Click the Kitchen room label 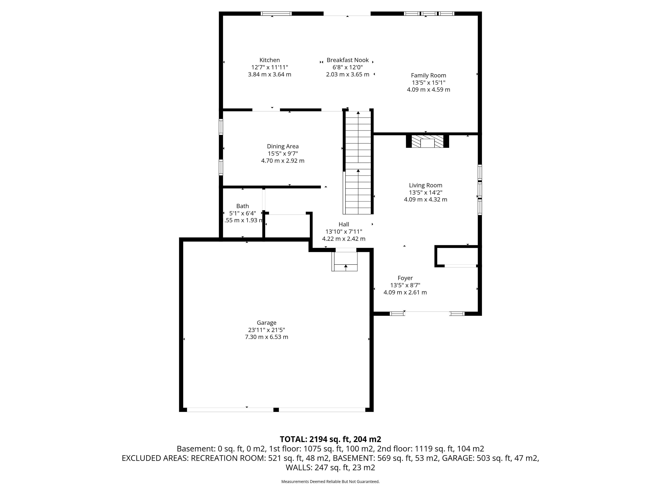[270, 60]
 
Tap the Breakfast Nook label [348, 60]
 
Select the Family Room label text [428, 75]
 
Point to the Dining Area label [283, 146]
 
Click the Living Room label [426, 185]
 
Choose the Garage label [266, 323]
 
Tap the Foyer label [405, 278]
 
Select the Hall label [344, 224]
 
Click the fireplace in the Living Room [427, 141]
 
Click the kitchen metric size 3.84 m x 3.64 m [270, 74]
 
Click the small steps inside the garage [345, 261]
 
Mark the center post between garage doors [276, 410]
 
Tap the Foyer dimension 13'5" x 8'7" [405, 285]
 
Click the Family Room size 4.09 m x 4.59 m [428, 90]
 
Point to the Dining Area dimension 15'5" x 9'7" [283, 154]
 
